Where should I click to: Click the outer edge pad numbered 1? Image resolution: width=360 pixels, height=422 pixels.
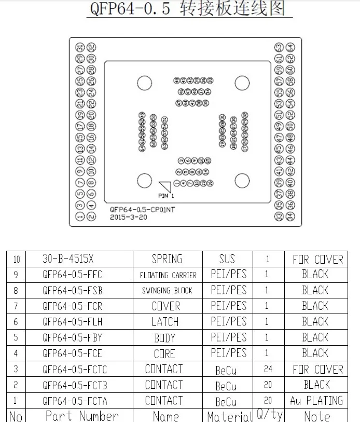coord(80,216)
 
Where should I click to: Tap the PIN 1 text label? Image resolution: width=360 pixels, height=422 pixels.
coord(166,196)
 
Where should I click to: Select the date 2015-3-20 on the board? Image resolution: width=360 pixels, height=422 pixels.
coord(128,217)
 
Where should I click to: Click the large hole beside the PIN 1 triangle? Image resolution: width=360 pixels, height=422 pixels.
coord(144,181)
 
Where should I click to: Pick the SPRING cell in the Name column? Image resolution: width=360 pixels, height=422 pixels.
coord(167,258)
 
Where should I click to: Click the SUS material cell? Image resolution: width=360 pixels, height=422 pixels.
coord(227,258)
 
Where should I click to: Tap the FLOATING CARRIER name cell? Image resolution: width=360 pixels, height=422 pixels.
coord(168,275)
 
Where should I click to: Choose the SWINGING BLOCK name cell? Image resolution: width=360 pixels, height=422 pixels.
coord(167,290)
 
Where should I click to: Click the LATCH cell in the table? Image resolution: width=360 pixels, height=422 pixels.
coord(165,322)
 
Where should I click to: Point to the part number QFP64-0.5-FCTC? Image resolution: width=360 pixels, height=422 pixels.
coord(76,369)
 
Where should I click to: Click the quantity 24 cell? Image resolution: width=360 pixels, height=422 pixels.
coord(267,369)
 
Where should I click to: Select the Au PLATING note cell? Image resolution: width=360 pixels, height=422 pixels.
coord(316,400)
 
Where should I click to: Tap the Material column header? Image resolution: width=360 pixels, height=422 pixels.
coord(229,416)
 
